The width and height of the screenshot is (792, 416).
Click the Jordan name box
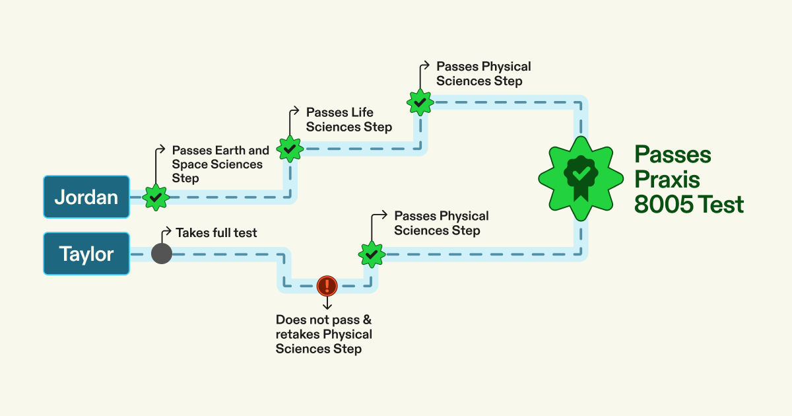86,197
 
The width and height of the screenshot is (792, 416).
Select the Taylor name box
86,254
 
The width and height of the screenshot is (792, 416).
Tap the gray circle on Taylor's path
162,254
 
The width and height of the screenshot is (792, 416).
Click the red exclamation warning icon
327,285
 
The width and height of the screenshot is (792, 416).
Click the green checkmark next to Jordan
156,197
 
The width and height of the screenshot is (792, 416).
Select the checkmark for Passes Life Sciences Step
289,149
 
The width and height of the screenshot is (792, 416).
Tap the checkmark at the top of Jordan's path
419,102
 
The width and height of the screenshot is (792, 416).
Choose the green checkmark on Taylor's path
372,254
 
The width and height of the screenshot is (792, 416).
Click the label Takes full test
216,232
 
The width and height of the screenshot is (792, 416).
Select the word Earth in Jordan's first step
232,151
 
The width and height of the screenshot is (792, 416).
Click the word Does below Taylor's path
291,320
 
